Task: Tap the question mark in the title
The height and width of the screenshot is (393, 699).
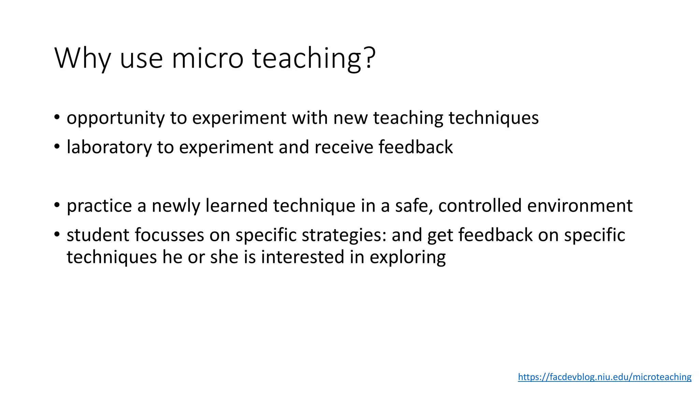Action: tap(370, 57)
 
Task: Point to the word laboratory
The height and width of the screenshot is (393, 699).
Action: tap(109, 148)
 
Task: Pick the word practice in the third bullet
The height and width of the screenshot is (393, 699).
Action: tap(99, 206)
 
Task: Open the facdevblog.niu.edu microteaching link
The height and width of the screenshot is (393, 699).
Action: tap(604, 377)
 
